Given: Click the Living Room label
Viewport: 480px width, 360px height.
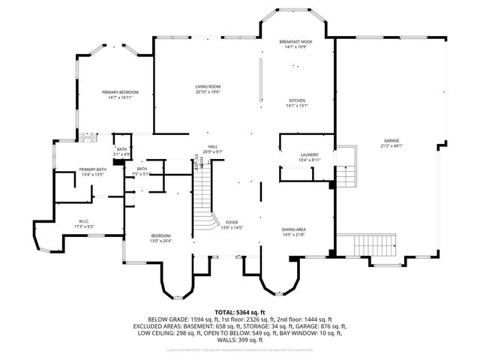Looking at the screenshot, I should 208,87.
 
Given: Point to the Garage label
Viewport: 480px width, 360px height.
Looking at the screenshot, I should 391,140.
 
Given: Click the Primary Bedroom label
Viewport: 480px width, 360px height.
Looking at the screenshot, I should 121,91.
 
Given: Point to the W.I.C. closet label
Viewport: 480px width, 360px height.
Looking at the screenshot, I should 84,220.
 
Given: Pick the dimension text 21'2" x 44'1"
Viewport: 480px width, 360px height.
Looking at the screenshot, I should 391,145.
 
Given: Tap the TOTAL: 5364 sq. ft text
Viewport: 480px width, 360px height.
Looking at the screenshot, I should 240,311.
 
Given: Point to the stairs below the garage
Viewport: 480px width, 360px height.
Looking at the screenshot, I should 366,244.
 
